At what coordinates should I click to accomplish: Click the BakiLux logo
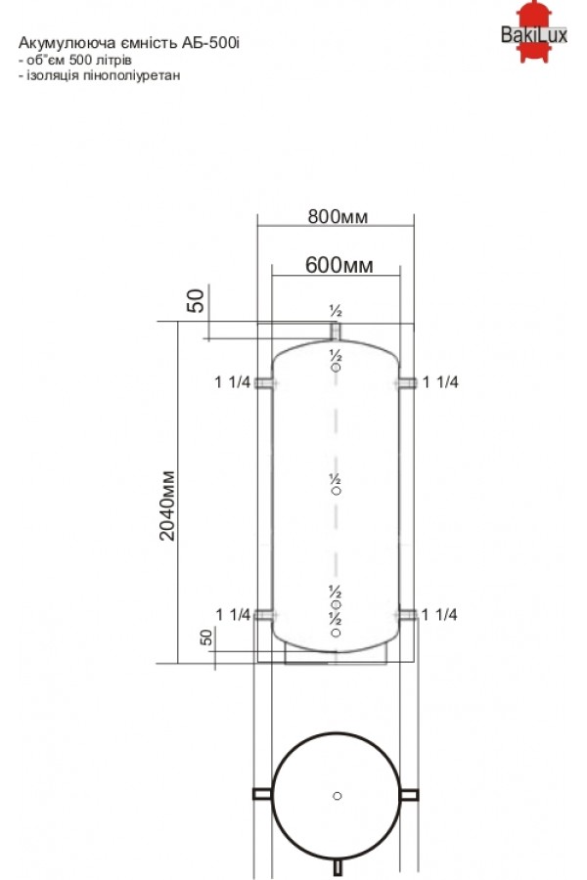point(533,32)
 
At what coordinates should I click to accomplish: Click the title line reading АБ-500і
point(128,43)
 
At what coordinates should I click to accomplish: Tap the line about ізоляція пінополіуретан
point(100,75)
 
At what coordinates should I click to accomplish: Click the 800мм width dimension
point(338,217)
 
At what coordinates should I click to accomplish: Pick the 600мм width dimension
point(339,264)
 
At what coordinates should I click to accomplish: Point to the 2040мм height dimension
point(167,506)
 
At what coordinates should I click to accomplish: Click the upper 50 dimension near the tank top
point(196,301)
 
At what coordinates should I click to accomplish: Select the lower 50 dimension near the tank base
point(206,637)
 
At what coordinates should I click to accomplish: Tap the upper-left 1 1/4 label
point(232,382)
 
